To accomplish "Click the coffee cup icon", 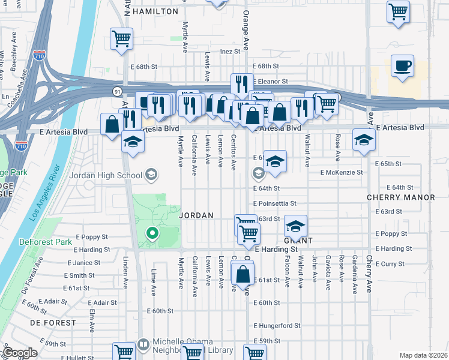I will [402, 65].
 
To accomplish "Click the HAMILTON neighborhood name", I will [155, 11].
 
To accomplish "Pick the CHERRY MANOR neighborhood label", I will [401, 197].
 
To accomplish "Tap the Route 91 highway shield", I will [116, 90].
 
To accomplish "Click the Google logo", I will [20, 352].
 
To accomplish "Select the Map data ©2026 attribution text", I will [423, 355].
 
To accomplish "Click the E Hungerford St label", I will [277, 325].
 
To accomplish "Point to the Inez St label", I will [230, 52].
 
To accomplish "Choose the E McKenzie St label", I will [342, 172].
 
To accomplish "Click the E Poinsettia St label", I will [275, 203].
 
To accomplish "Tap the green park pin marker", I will [153, 233].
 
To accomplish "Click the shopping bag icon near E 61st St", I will [243, 275].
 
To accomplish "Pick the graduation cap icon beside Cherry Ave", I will [363, 140].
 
